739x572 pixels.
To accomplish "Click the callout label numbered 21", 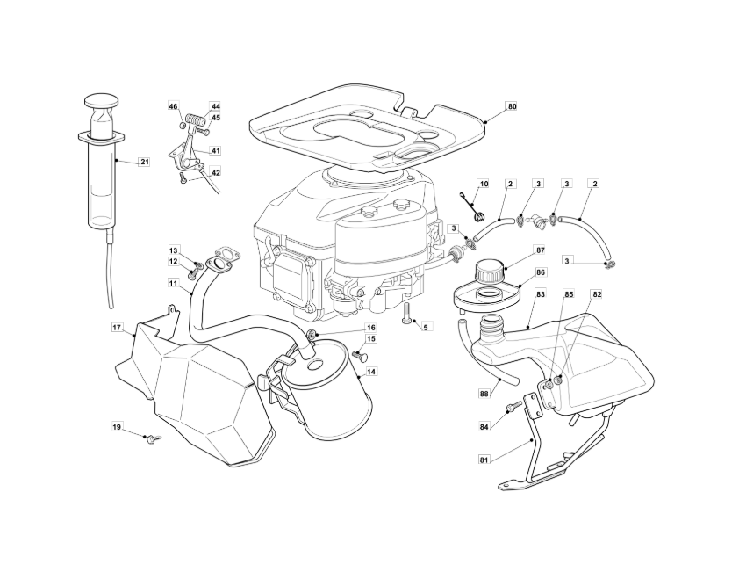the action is pyautogui.click(x=145, y=162).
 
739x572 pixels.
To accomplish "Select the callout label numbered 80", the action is pyautogui.click(x=512, y=106).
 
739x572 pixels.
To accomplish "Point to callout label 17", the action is pyautogui.click(x=118, y=327).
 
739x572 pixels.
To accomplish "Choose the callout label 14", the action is pyautogui.click(x=371, y=372).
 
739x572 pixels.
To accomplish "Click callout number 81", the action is pyautogui.click(x=484, y=460).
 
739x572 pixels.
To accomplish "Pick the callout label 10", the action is pyautogui.click(x=484, y=183).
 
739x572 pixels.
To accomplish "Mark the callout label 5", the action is pyautogui.click(x=426, y=326).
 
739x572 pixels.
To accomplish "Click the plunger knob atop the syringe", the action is pyautogui.click(x=101, y=101).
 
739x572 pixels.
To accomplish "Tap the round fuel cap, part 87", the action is pyautogui.click(x=491, y=271).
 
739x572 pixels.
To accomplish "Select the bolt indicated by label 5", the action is pyautogui.click(x=406, y=313).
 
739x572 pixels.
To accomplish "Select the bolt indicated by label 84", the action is pyautogui.click(x=515, y=406).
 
